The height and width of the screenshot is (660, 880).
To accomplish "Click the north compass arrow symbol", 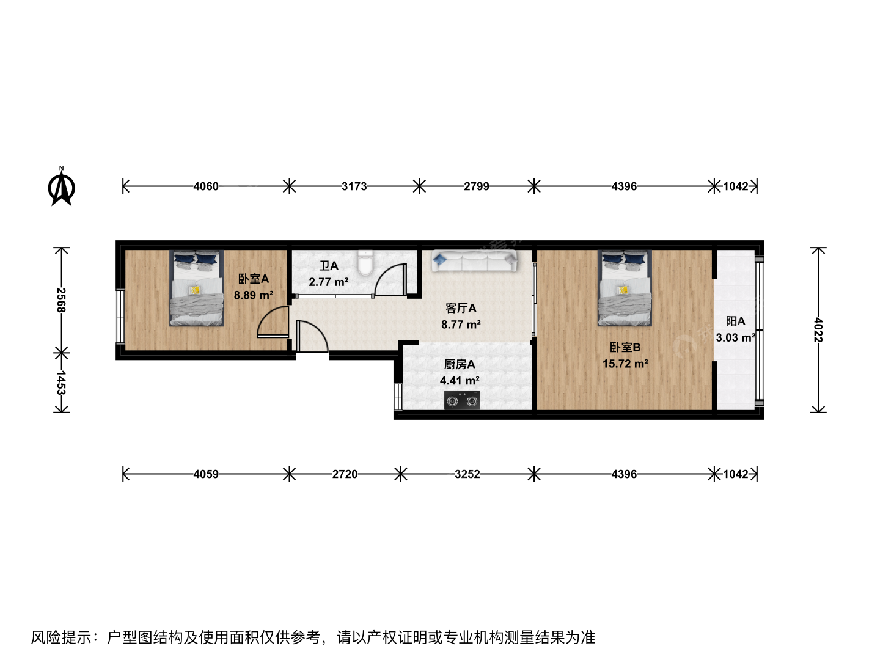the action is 61,186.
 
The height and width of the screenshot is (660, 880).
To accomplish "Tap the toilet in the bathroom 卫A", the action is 365,263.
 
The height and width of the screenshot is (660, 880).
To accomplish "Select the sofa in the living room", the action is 474,261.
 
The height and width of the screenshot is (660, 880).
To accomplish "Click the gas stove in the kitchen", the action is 462,400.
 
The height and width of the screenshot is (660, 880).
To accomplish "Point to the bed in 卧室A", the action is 196,288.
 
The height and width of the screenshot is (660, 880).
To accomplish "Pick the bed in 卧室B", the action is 625,288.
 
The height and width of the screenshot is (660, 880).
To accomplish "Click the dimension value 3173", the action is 354,186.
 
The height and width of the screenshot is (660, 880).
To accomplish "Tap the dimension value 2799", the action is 476,186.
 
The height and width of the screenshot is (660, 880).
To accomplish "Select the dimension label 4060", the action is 206,186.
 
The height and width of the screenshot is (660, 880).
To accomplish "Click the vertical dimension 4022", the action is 818,330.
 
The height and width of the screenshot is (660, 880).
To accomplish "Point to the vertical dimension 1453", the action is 61,383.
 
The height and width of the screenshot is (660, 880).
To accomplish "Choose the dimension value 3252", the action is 467,474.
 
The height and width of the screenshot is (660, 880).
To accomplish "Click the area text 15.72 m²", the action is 625,364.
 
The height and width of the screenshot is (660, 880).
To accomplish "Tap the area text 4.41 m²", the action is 460,381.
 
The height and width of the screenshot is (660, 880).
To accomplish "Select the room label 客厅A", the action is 461,308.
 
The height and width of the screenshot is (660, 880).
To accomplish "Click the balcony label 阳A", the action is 735,321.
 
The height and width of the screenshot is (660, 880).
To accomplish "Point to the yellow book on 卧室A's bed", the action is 195,290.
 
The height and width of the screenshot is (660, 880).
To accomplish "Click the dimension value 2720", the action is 345,474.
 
